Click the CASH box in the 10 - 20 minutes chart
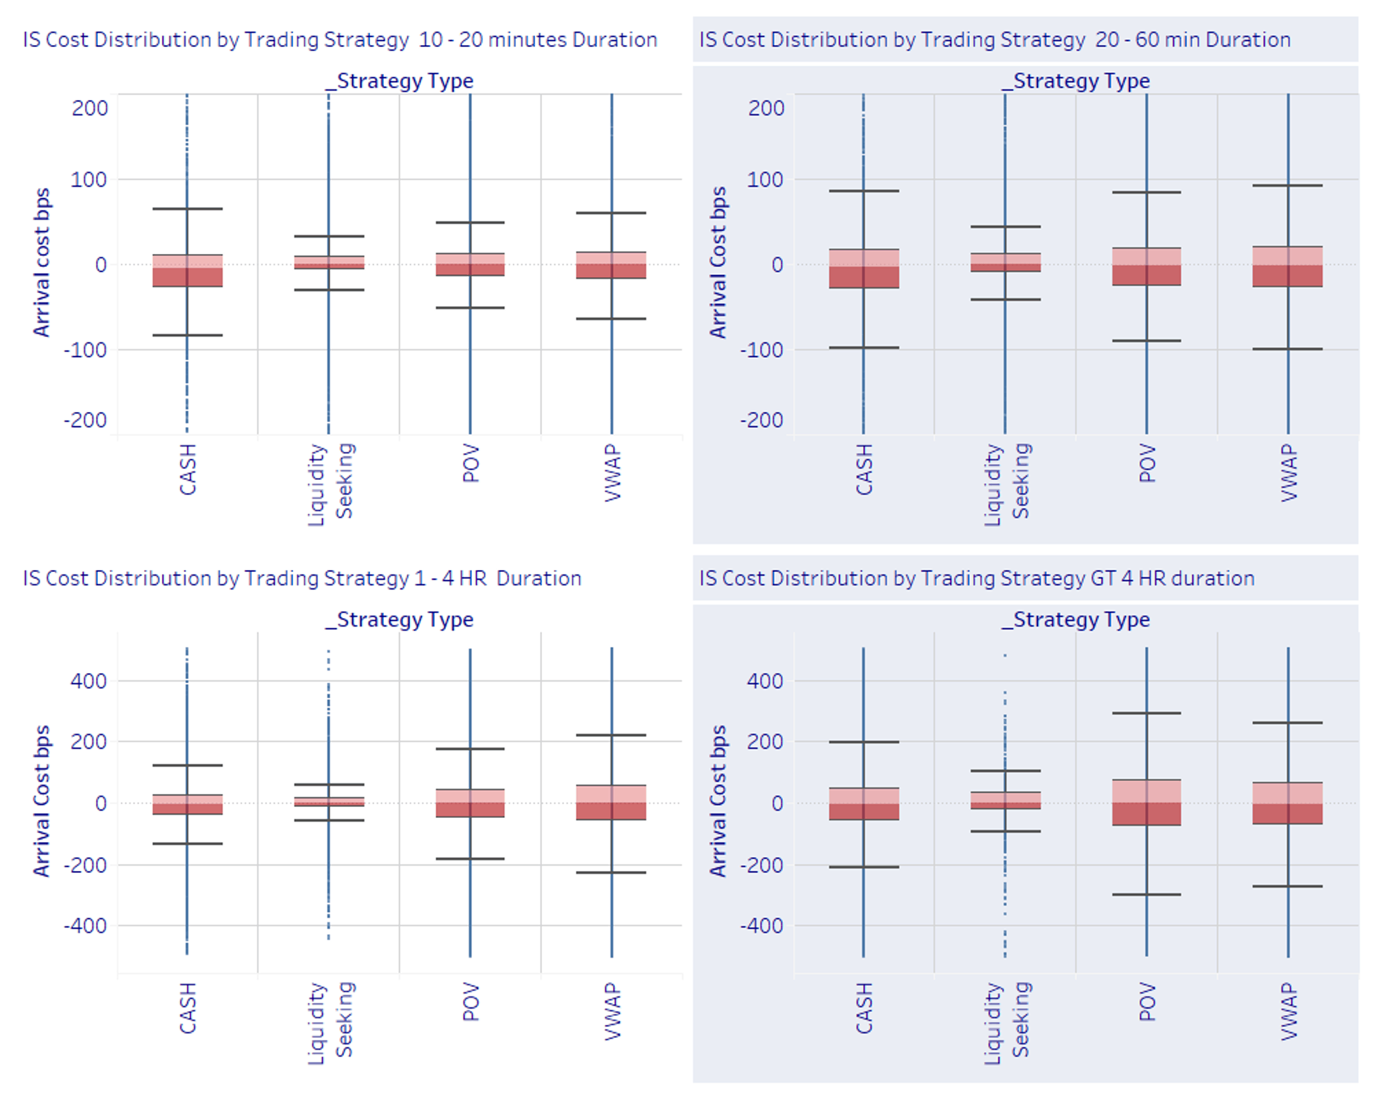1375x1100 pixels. (x=187, y=270)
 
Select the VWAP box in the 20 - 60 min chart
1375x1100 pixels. (x=1288, y=266)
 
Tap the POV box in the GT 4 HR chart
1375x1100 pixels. (x=1146, y=802)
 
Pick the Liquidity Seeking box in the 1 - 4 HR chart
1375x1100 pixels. (x=329, y=802)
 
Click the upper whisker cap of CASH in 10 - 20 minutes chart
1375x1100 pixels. (x=187, y=209)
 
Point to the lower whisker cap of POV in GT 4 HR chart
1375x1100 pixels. (x=1146, y=894)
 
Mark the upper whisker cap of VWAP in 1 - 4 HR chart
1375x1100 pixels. (x=612, y=735)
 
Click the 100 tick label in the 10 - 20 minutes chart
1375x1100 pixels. (x=89, y=180)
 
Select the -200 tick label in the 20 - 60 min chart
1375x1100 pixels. (x=761, y=420)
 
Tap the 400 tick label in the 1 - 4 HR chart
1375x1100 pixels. (x=89, y=681)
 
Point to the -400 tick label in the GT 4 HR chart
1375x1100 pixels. (x=761, y=926)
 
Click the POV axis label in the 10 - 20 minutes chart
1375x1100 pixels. (x=471, y=464)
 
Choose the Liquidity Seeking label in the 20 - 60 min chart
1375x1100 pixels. (x=1006, y=483)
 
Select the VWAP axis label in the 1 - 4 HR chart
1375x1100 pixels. (x=612, y=1011)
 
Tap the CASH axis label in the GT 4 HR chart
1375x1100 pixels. (x=864, y=1008)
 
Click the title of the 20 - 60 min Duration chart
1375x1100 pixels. (x=994, y=40)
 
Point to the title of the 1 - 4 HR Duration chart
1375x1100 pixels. (x=302, y=578)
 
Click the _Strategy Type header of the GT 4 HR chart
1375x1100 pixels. (x=1075, y=620)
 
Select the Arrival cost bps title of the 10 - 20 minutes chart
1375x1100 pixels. (x=42, y=262)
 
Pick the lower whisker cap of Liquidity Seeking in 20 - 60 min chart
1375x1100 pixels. (x=1005, y=300)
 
